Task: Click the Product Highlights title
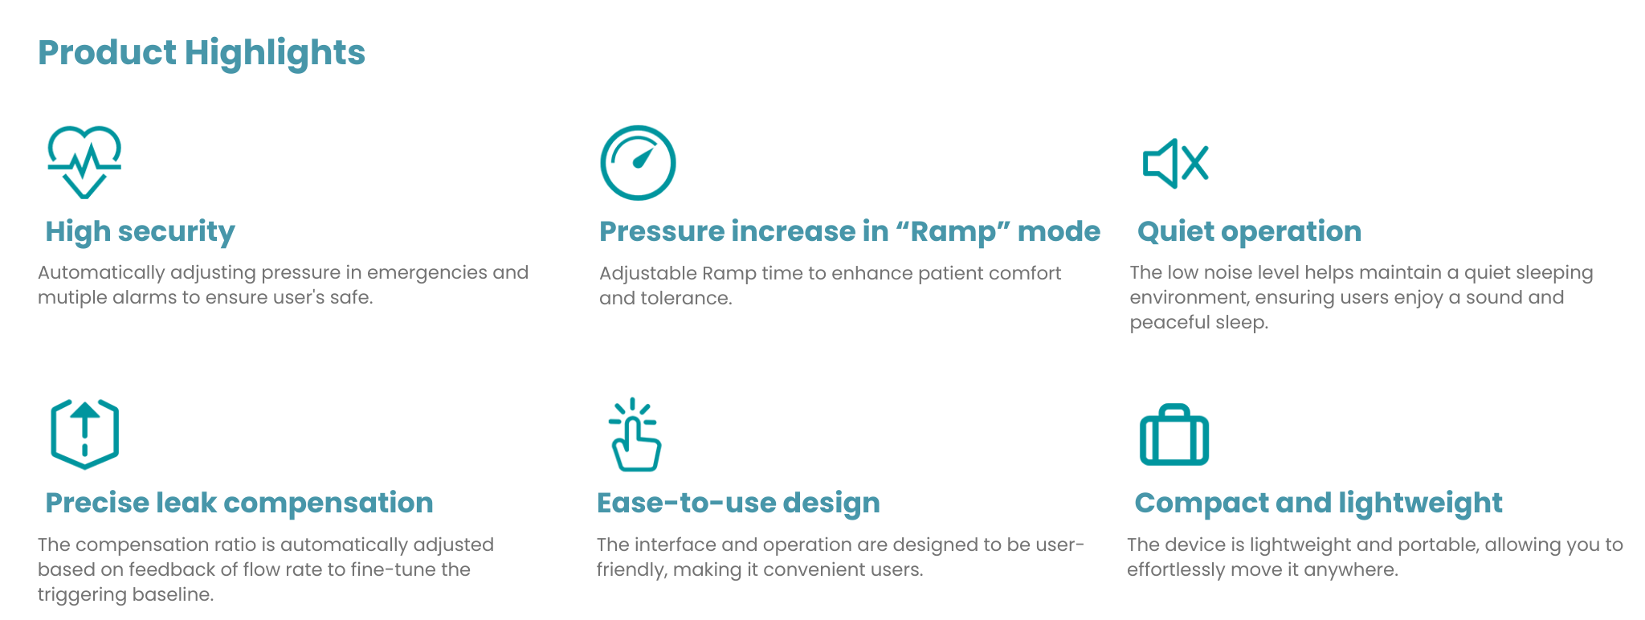coord(202,54)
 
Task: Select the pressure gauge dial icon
coord(638,162)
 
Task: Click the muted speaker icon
coord(1175,164)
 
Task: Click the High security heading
coord(141,232)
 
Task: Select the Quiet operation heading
coord(1250,231)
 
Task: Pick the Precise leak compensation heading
coord(239,504)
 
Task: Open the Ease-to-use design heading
coord(738,504)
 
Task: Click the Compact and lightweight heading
coord(1318,504)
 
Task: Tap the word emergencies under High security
coord(427,273)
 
